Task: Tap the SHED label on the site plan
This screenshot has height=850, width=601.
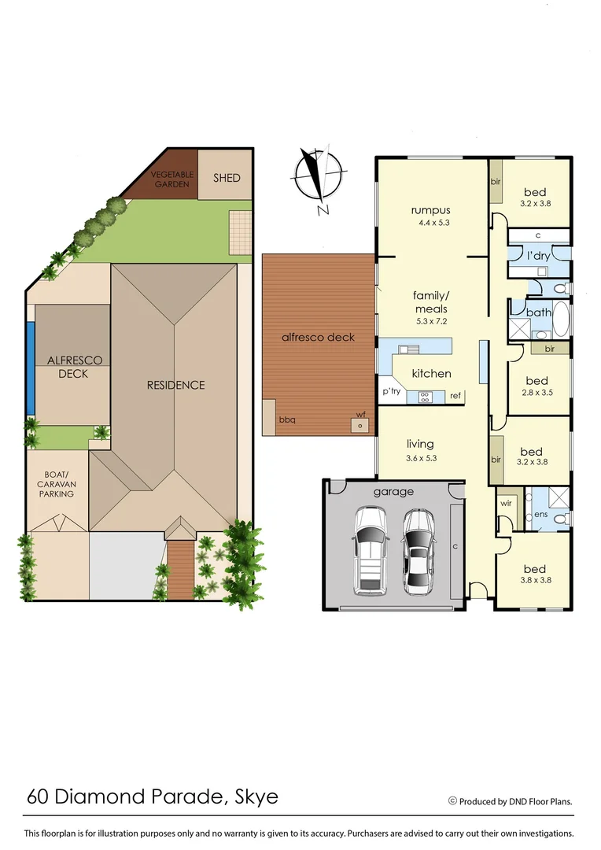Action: pyautogui.click(x=227, y=178)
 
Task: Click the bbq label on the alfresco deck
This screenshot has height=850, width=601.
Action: pyautogui.click(x=287, y=419)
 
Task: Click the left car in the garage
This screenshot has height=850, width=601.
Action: pyautogui.click(x=370, y=550)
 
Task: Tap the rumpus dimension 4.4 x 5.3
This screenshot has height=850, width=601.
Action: pyautogui.click(x=430, y=224)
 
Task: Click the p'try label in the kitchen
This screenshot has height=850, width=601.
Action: pyautogui.click(x=391, y=391)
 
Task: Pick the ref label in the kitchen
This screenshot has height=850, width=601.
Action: pyautogui.click(x=455, y=396)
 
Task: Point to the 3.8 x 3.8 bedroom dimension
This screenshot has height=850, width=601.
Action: pyautogui.click(x=534, y=582)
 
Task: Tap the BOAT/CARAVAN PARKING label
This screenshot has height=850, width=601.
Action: pyautogui.click(x=57, y=484)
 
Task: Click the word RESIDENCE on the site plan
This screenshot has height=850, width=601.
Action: pyautogui.click(x=175, y=385)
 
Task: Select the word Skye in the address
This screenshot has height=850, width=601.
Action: pyautogui.click(x=257, y=796)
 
